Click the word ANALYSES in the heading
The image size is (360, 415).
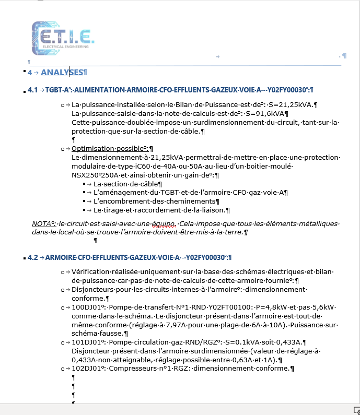pos(62,73)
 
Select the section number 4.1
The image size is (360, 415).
pos(32,90)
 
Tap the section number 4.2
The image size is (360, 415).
pos(32,257)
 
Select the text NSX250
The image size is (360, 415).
pos(83,175)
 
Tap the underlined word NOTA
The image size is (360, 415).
pos(42,224)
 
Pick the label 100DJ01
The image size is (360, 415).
pos(85,308)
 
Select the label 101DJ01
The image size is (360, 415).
pos(85,342)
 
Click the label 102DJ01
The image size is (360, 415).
pos(85,369)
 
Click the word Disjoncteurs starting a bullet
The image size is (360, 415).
pos(93,290)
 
